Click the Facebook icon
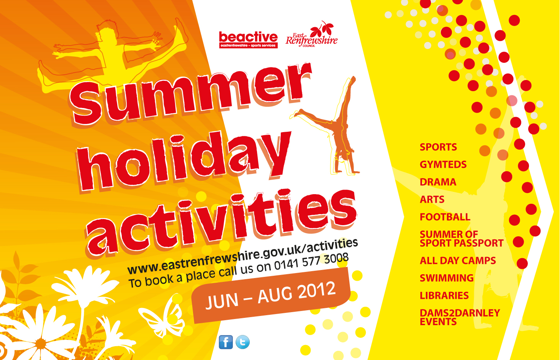click(x=226, y=342)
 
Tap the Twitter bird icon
click(x=242, y=342)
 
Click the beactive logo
click(x=248, y=40)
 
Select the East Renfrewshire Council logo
click(x=311, y=34)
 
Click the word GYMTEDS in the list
click(x=443, y=165)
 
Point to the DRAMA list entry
click(x=438, y=182)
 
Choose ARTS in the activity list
click(x=432, y=200)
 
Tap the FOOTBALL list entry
click(x=445, y=217)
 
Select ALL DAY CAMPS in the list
click(x=458, y=260)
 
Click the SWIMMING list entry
click(x=447, y=278)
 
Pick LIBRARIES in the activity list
click(x=444, y=296)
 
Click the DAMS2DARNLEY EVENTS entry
click(x=460, y=317)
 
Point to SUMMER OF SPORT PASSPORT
click(x=462, y=239)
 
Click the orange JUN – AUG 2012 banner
click(x=271, y=295)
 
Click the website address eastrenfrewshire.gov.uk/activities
click(x=242, y=256)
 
